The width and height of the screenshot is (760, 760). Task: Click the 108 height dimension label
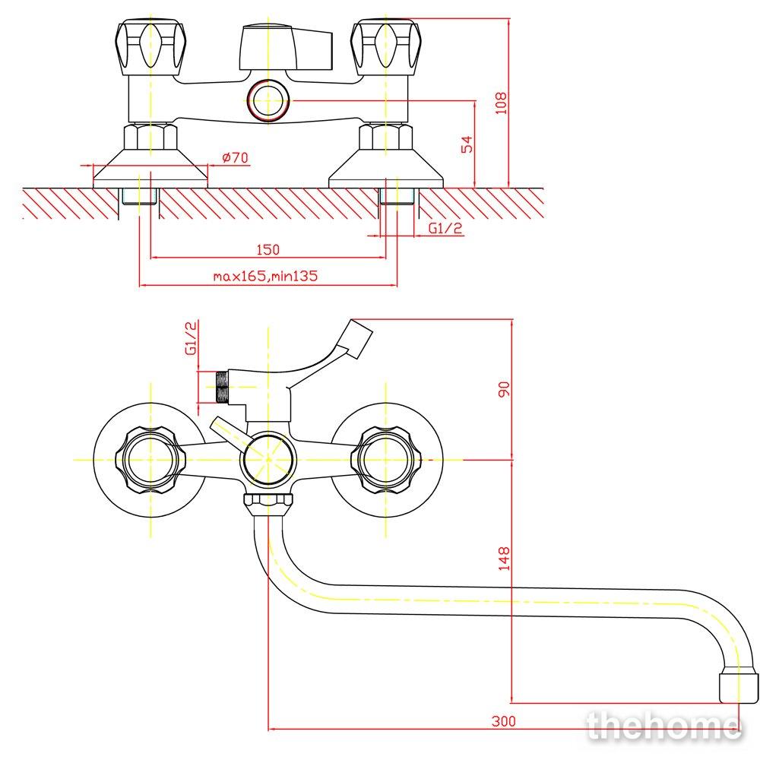(x=501, y=103)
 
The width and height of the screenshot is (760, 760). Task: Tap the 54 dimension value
(x=467, y=144)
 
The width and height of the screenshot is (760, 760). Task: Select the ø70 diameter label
(x=235, y=157)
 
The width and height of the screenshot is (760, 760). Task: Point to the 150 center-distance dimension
(x=268, y=249)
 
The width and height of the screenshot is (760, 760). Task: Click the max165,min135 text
(x=265, y=277)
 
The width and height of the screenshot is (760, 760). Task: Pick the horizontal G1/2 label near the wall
(x=445, y=228)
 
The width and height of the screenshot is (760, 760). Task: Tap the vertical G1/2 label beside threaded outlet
(x=192, y=338)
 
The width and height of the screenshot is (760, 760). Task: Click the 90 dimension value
(x=504, y=389)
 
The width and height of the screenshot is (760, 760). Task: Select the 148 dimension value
(x=504, y=558)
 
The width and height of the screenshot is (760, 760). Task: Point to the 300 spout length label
(x=504, y=721)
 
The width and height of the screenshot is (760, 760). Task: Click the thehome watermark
(x=663, y=727)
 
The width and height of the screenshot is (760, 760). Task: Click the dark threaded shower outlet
(x=222, y=388)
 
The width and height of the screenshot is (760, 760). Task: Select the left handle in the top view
(x=151, y=47)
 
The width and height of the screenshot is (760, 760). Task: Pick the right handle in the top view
(x=386, y=47)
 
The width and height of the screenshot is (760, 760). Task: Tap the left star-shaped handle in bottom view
(x=150, y=460)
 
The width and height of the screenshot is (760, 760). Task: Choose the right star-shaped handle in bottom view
(x=386, y=460)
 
